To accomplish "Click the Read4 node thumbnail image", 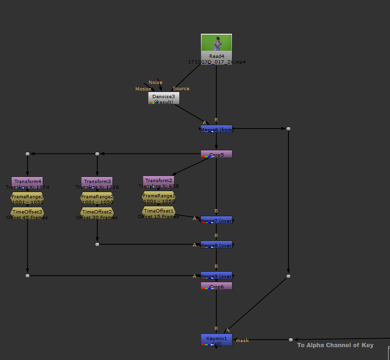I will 216,43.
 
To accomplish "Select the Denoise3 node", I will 164,98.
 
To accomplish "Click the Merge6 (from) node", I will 216,129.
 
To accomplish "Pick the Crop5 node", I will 216,154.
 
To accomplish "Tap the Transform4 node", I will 28,181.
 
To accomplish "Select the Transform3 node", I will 97,181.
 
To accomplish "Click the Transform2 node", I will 158,180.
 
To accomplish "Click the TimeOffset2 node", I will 97,212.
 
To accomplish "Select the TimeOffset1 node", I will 158,211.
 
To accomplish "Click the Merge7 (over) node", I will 216,220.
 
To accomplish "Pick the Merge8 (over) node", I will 216,245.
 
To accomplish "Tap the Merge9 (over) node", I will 216,276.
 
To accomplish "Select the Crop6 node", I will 216,286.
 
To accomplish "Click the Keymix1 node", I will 216,340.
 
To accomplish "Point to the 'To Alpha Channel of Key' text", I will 335,345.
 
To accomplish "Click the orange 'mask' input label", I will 242,340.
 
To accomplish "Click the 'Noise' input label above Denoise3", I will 155,83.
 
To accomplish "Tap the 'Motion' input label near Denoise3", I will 143,89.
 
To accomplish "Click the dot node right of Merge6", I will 288,129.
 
